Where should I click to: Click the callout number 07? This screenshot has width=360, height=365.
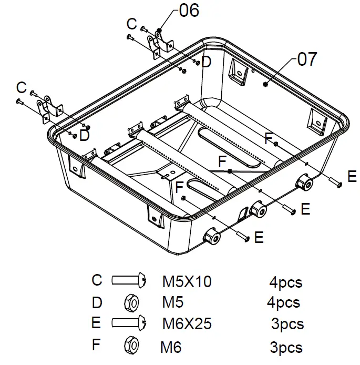(307, 59)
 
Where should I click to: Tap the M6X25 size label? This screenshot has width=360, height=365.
(186, 323)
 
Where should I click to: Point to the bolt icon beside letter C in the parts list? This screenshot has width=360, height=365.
(128, 280)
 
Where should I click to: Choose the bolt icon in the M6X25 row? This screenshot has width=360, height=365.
(128, 323)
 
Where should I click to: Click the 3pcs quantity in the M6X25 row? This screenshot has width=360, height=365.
(287, 324)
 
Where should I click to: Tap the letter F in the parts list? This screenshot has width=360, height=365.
(96, 346)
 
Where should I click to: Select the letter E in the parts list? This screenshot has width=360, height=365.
(96, 323)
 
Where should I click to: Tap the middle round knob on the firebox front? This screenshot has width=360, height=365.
(259, 210)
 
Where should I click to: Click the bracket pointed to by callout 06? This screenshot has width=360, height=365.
(160, 45)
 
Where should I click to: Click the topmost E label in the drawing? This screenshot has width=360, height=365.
(352, 176)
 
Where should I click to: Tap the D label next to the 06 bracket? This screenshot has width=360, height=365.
(206, 62)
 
